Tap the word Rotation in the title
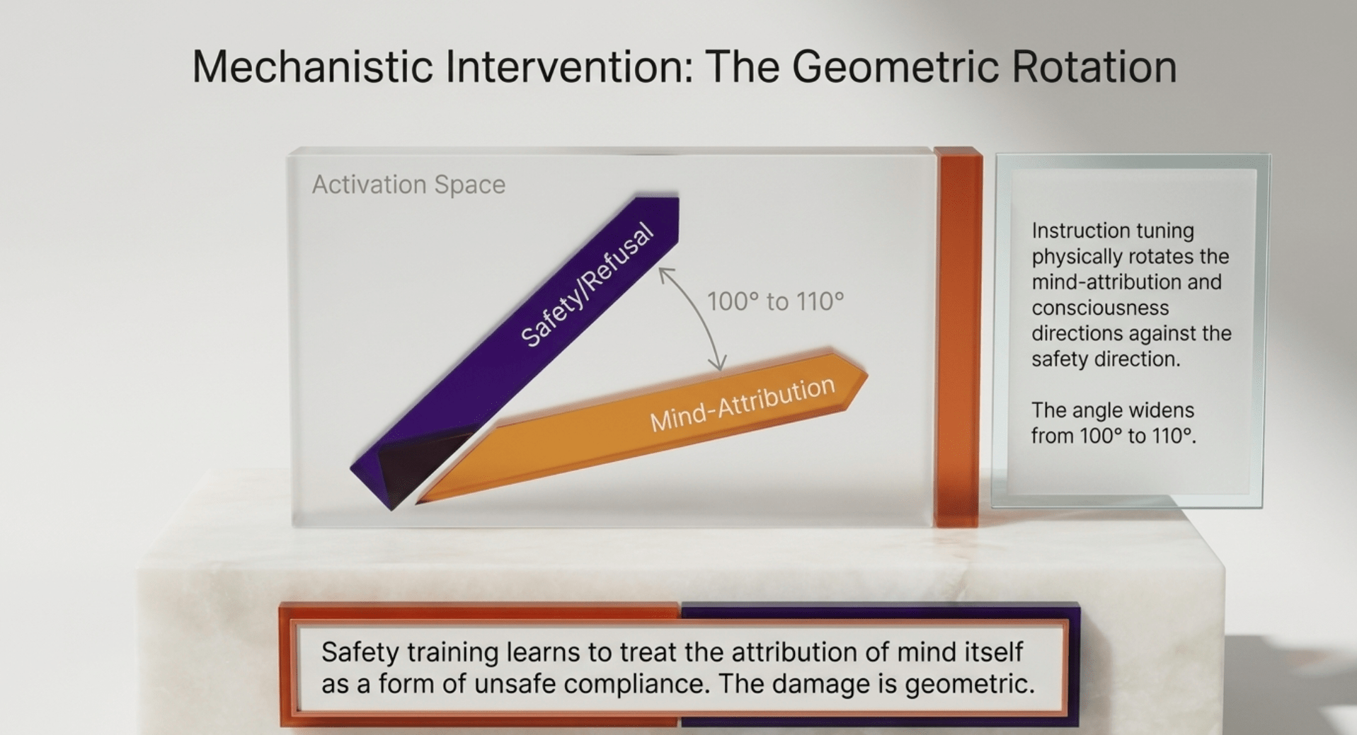1094,66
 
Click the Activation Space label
408,185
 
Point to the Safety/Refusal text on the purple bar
586,285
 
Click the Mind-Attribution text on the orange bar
743,404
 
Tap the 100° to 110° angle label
776,302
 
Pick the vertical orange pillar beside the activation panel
957,337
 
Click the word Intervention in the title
571,66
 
